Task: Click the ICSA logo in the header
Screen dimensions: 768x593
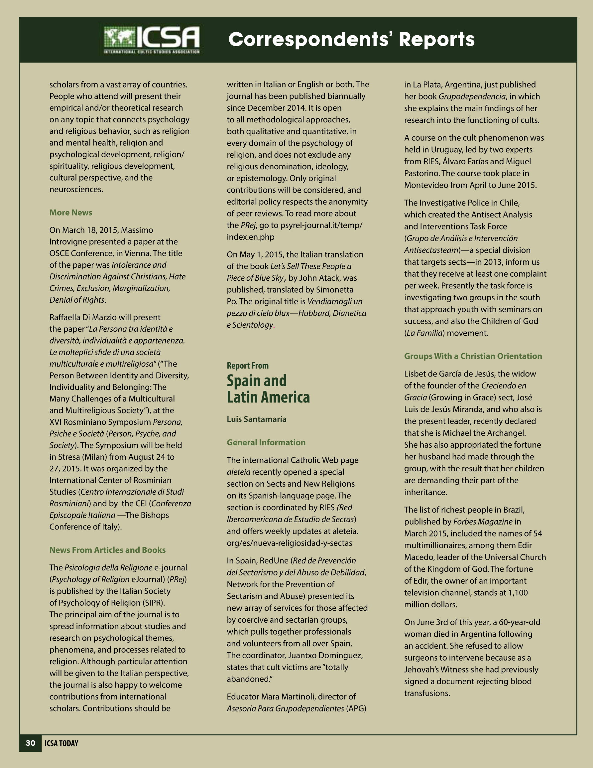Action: [152, 40]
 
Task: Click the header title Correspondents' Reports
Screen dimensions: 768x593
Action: [351, 39]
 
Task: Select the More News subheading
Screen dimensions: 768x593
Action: [71, 213]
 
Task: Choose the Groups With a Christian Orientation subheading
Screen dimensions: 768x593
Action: [473, 356]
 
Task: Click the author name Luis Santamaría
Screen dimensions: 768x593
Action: [256, 419]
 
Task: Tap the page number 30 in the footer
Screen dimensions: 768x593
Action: [31, 743]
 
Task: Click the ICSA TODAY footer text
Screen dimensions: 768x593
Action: [61, 743]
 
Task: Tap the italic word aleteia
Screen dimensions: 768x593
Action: [238, 472]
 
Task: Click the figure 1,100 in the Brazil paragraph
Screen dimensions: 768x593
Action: [518, 592]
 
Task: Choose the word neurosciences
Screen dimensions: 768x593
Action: [76, 189]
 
